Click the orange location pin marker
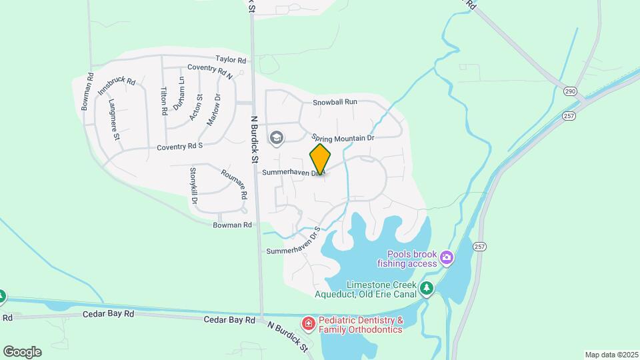320,159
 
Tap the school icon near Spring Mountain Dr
276,138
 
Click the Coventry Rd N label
209,68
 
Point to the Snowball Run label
335,102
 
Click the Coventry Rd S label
179,145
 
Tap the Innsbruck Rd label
117,87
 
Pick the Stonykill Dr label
193,185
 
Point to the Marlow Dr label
213,107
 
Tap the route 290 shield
569,91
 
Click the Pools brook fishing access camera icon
447,257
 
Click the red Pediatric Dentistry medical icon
309,324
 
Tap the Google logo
22,352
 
